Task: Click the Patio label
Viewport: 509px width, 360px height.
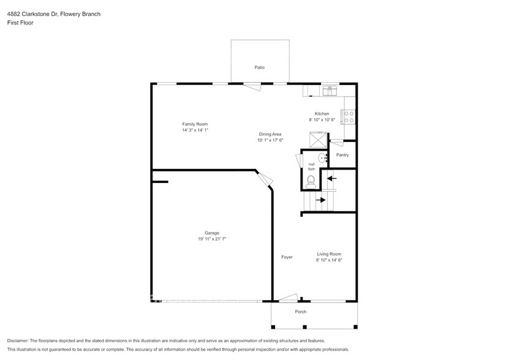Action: pyautogui.click(x=260, y=67)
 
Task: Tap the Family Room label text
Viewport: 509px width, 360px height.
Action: pyautogui.click(x=195, y=124)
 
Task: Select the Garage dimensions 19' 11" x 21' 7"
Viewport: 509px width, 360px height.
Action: pyautogui.click(x=212, y=239)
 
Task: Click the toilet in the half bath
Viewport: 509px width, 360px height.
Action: pyautogui.click(x=311, y=181)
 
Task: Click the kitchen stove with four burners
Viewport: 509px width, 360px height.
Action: pyautogui.click(x=349, y=113)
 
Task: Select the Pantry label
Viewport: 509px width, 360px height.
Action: pyautogui.click(x=342, y=155)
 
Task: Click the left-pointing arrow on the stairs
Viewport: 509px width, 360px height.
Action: pyautogui.click(x=331, y=179)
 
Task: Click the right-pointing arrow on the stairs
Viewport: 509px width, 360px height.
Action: pyautogui.click(x=320, y=200)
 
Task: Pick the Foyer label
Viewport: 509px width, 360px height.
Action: pyautogui.click(x=287, y=257)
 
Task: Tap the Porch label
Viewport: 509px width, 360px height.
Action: pyautogui.click(x=300, y=312)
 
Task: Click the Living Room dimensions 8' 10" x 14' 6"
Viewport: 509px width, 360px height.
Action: pyautogui.click(x=329, y=260)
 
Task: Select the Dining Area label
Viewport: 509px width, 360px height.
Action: pyautogui.click(x=270, y=134)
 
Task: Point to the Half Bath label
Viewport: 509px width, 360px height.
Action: pyautogui.click(x=311, y=167)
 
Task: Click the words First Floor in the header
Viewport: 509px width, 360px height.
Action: pyautogui.click(x=21, y=23)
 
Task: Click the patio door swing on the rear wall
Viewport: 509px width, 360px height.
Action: pyautogui.click(x=252, y=86)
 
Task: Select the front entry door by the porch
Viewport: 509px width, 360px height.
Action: pyautogui.click(x=287, y=299)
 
